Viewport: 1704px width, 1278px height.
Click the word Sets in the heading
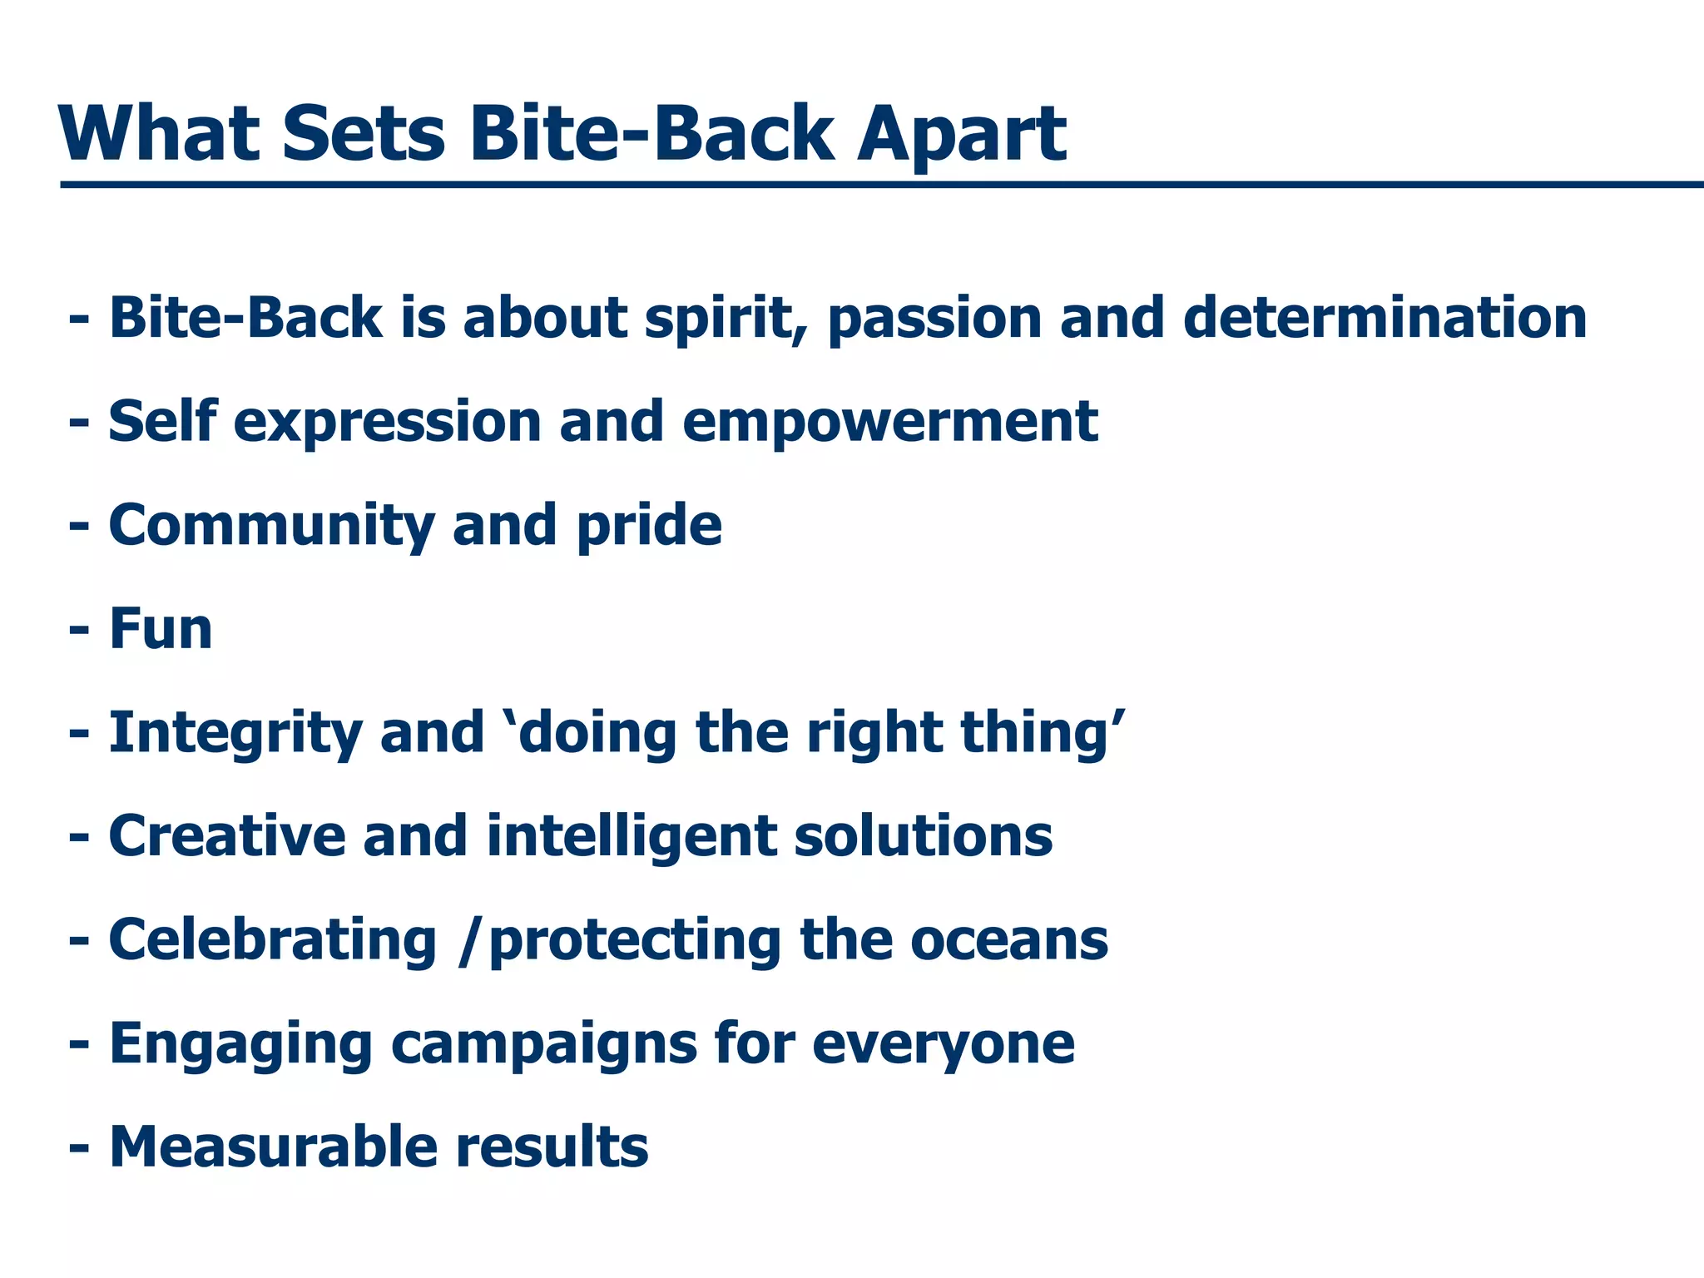(x=364, y=135)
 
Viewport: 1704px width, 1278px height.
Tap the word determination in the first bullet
(x=1384, y=319)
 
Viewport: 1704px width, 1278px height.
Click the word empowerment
(x=890, y=423)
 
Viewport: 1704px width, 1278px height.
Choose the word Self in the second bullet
(x=163, y=421)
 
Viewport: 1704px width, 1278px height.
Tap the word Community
(x=271, y=527)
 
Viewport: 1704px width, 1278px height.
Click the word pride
(x=649, y=527)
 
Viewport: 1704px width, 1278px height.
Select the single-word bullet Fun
(x=161, y=629)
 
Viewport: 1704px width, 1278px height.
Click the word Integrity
(x=235, y=734)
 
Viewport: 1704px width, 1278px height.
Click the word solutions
(x=923, y=837)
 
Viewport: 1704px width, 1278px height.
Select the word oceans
(x=1009, y=941)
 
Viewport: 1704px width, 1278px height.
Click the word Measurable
(x=272, y=1147)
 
